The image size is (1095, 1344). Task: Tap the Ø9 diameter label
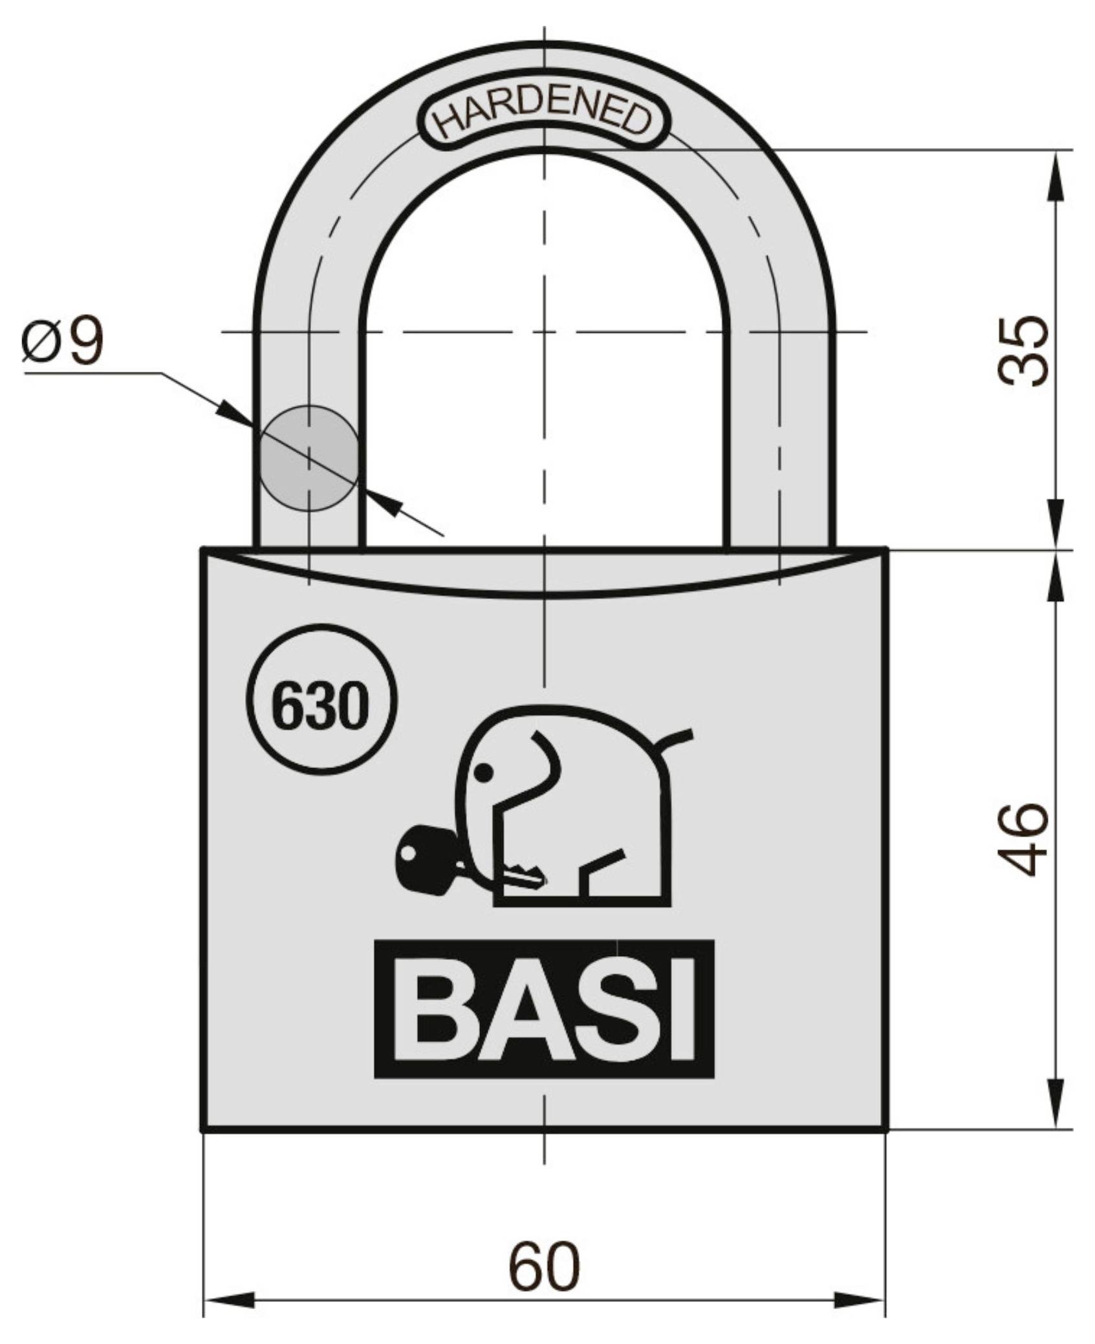[62, 341]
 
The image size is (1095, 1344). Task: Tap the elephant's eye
[482, 772]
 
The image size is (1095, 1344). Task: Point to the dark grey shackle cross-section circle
[309, 458]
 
